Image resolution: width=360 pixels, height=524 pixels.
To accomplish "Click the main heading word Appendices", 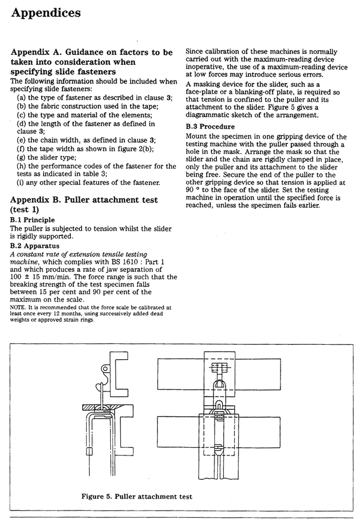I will coord(46,13).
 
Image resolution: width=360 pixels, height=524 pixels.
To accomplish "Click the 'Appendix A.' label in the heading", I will coord(35,52).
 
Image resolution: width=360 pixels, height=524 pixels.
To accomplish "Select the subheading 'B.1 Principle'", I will coord(33,219).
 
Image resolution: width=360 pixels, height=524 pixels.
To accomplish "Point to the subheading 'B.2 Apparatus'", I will coord(35,246).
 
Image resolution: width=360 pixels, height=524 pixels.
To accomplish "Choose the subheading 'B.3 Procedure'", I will coord(210,127).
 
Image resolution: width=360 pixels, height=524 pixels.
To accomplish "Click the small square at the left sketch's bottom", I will coord(88,451).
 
